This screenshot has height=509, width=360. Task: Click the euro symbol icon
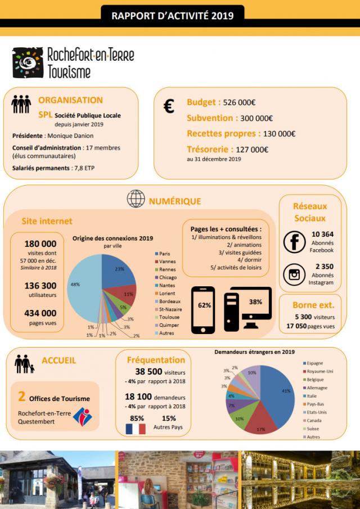(169, 106)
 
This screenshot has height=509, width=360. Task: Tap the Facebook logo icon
(294, 241)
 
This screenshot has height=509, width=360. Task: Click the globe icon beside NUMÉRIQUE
(136, 199)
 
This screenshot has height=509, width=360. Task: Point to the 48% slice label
(74, 284)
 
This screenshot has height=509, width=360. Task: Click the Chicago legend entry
(167, 277)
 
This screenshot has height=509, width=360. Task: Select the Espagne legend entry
(315, 363)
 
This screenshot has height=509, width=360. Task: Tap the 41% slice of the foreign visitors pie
(281, 391)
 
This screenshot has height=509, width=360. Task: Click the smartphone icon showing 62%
(204, 310)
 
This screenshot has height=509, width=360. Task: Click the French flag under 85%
(136, 429)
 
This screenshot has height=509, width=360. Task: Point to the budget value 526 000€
(239, 102)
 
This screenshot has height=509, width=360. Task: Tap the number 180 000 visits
(40, 244)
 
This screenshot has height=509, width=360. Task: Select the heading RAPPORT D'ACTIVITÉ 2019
(173, 16)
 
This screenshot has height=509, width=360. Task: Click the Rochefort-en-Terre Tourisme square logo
(28, 62)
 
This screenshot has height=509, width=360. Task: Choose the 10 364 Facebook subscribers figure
(322, 234)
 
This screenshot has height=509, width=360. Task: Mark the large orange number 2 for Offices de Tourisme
(21, 397)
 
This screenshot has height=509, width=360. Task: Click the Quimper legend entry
(169, 325)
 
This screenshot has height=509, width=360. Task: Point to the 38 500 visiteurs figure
(148, 372)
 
